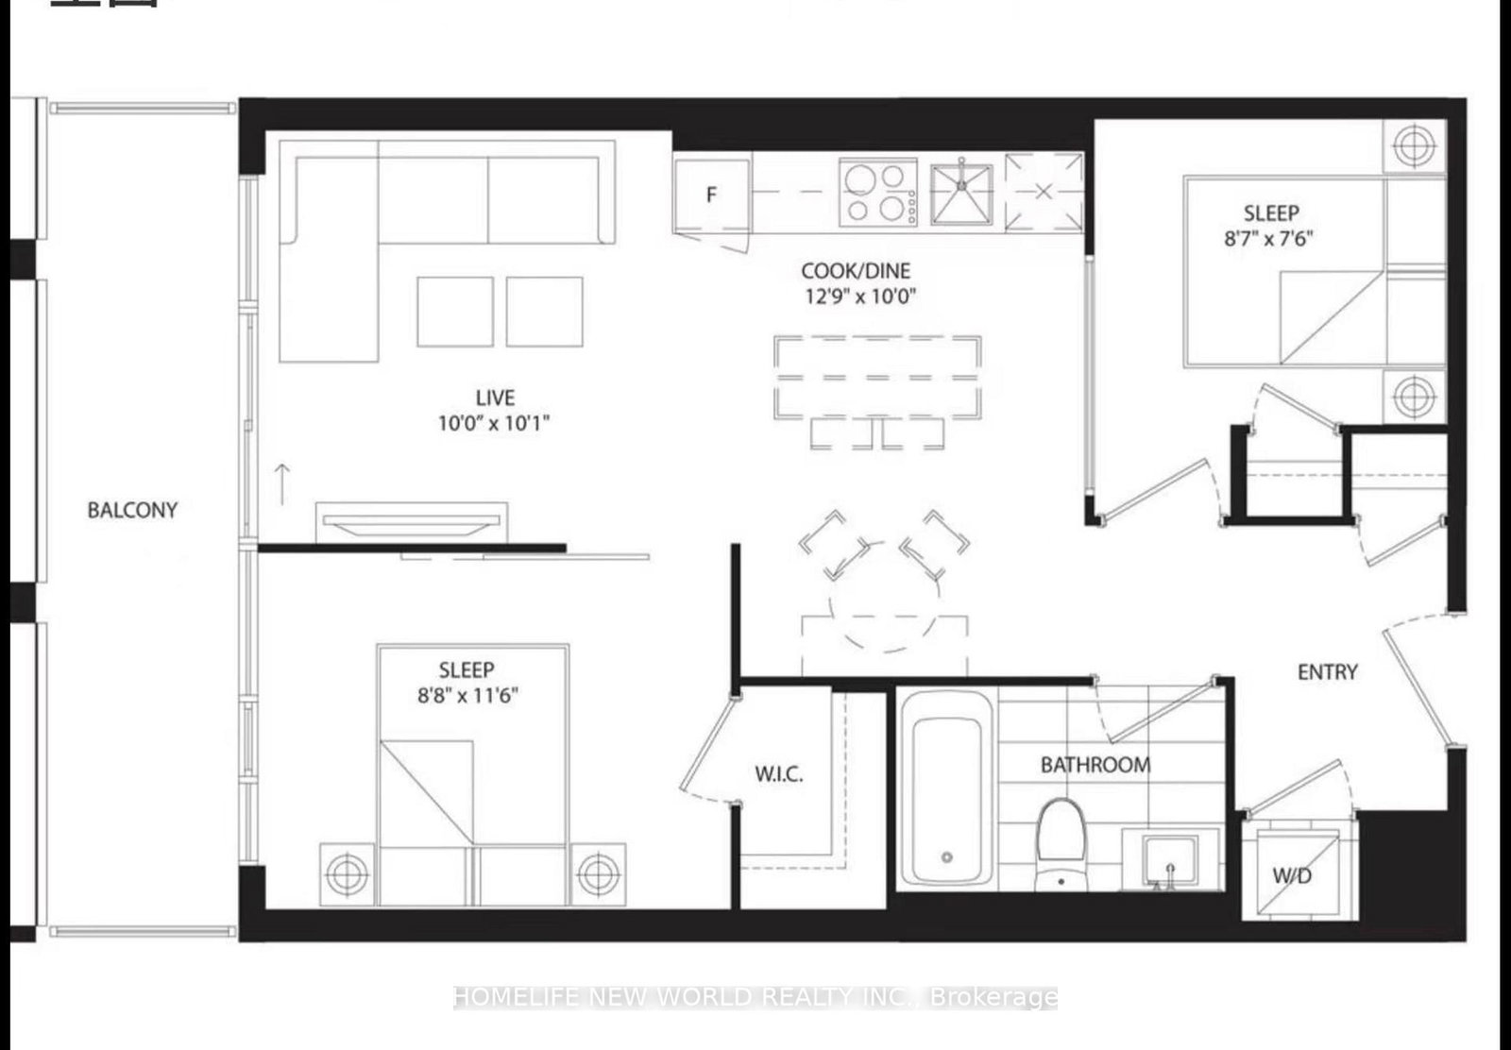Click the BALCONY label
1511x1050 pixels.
(132, 510)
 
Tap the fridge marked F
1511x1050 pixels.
(712, 195)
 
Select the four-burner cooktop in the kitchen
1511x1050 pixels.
(878, 193)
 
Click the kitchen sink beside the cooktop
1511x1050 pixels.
(961, 195)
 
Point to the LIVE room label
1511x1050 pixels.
(495, 398)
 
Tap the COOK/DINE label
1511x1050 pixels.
(856, 271)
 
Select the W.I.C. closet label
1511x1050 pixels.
(779, 774)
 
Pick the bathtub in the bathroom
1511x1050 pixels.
(946, 787)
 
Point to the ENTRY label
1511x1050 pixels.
(1327, 671)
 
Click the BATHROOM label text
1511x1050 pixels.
(1095, 764)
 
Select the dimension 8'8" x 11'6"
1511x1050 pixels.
(467, 697)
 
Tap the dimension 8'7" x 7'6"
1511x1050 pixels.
(1269, 239)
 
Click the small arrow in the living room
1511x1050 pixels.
(281, 483)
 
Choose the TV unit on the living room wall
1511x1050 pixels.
(412, 522)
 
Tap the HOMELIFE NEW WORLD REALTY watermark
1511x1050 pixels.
(755, 997)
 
